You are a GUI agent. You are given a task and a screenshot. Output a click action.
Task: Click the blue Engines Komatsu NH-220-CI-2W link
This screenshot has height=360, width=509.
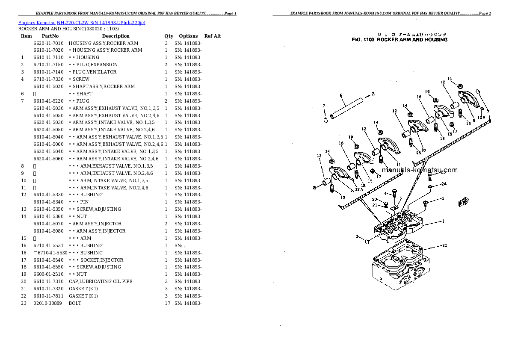pos(81,23)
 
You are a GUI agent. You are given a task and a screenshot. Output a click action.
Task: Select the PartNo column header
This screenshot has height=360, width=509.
pos(50,36)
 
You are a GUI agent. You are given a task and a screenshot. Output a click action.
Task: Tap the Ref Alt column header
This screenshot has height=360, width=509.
pos(213,36)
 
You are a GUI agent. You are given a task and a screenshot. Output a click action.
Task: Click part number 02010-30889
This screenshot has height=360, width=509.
pos(47,303)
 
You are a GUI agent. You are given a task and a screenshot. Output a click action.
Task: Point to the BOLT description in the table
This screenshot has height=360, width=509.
pos(75,303)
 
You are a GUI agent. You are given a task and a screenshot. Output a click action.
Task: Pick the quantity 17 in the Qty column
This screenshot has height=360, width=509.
pos(167,303)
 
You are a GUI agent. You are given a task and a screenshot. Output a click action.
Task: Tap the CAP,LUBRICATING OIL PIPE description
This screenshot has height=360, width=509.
pos(101,281)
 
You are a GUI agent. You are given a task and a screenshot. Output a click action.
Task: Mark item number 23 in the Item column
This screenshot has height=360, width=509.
pos(24,303)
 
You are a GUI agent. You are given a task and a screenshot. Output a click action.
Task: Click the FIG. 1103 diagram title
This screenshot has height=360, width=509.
pos(400,40)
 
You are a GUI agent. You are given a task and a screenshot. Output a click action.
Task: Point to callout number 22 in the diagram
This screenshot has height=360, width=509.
pos(445,245)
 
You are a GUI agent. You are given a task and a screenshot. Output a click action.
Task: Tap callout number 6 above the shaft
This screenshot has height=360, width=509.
pos(341,95)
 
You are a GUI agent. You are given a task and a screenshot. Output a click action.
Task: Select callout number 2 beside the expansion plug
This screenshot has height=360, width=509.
pos(356,236)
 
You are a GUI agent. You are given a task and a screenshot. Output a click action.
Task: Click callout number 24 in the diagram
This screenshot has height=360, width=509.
pos(444,184)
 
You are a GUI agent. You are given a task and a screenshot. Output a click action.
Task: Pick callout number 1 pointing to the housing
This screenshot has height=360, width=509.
pos(443,221)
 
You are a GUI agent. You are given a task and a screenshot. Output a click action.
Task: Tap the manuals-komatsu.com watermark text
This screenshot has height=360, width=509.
pos(420,170)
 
